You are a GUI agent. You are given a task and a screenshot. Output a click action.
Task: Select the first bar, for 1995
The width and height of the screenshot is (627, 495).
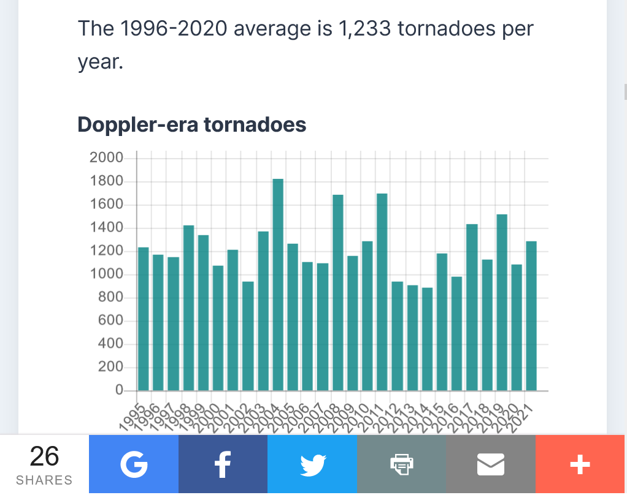tap(144, 319)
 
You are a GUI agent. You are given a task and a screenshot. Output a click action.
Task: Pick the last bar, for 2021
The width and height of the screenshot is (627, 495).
tap(531, 316)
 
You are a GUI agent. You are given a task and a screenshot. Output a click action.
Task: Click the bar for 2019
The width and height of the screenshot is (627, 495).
tap(502, 303)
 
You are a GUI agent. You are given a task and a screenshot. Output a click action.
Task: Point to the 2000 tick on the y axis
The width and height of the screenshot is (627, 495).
tap(106, 158)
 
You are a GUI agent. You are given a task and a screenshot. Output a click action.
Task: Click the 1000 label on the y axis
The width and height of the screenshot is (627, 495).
tap(106, 274)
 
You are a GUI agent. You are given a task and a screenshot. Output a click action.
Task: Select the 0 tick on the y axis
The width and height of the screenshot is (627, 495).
tap(119, 390)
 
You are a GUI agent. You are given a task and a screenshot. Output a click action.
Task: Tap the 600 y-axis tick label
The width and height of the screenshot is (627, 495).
tap(110, 321)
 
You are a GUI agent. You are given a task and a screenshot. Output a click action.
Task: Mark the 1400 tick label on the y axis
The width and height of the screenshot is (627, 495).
tap(106, 228)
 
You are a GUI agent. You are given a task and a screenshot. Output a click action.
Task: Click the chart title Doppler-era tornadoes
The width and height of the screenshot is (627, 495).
tap(191, 124)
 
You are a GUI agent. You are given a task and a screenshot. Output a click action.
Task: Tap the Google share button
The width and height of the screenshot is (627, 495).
tap(134, 465)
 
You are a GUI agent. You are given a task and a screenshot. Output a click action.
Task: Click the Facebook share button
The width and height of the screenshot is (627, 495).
tap(223, 465)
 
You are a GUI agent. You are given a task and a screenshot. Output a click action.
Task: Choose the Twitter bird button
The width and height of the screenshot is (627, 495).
tap(312, 465)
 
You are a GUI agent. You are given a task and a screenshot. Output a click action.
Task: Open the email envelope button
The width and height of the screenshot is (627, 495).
tap(491, 465)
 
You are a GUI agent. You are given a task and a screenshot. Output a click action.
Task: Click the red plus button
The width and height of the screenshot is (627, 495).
tap(580, 465)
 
